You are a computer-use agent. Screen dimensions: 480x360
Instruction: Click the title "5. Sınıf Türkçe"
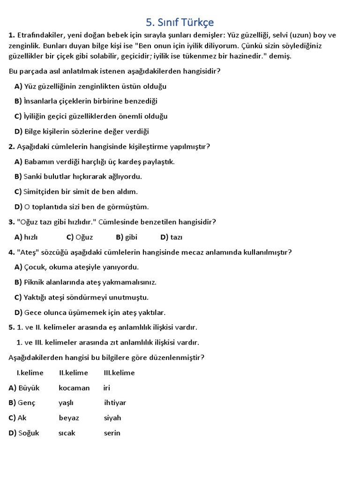coord(180,22)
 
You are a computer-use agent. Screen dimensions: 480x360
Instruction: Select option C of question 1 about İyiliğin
coord(91,116)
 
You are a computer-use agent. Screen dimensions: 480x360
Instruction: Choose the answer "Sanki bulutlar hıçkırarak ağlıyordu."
coord(78,177)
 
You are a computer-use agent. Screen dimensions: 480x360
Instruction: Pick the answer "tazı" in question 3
coord(176,237)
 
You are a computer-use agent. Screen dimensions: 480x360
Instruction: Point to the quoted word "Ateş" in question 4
coord(28,252)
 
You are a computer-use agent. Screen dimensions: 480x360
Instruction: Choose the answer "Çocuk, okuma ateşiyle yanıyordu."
coord(76,267)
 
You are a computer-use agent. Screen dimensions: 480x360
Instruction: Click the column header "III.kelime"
coord(119,373)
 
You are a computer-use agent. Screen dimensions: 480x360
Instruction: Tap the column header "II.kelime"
coord(74,373)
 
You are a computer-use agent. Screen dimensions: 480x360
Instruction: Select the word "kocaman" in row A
coord(74,388)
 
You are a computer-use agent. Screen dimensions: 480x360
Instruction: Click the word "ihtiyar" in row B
coord(115,403)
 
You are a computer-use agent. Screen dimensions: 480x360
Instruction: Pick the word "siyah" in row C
coord(112,418)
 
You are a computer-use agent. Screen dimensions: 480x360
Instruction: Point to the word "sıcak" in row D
coord(67,433)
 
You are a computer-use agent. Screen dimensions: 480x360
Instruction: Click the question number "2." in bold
coord(12,147)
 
